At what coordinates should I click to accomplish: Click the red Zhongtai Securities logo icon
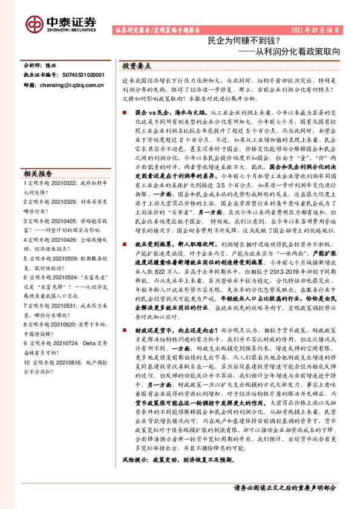click(34, 24)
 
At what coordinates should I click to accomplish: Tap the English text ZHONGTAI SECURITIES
click(70, 30)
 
